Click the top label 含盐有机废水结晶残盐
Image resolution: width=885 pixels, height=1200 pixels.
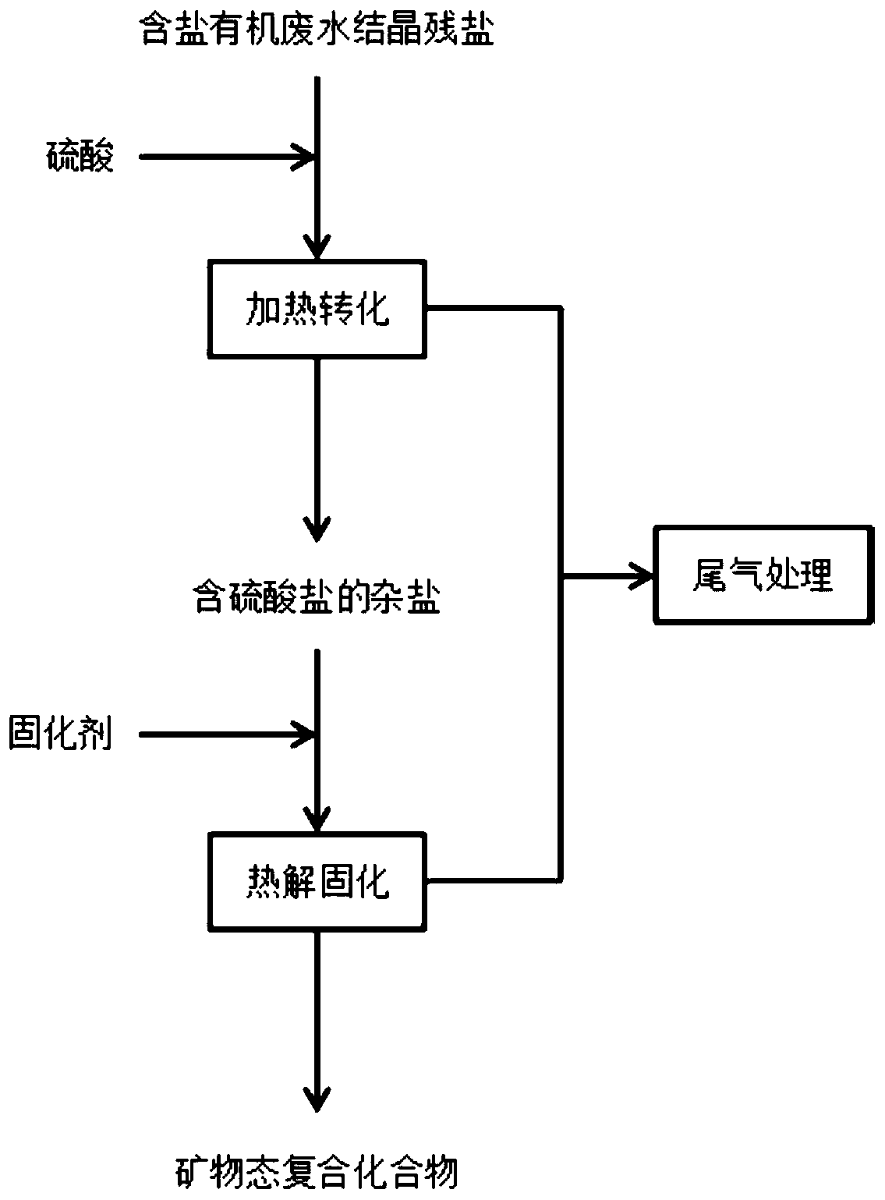click(x=316, y=32)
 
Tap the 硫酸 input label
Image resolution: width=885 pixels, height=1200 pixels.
click(x=78, y=157)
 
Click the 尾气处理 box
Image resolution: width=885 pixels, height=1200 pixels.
click(x=763, y=576)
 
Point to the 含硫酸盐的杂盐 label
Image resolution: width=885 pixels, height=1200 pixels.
click(x=317, y=599)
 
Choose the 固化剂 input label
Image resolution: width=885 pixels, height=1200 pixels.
click(x=60, y=734)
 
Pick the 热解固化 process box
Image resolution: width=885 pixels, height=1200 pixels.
click(x=317, y=882)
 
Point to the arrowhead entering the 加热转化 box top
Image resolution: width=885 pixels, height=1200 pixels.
click(x=317, y=248)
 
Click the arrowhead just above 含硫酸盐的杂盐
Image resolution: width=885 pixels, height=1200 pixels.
click(x=317, y=530)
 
